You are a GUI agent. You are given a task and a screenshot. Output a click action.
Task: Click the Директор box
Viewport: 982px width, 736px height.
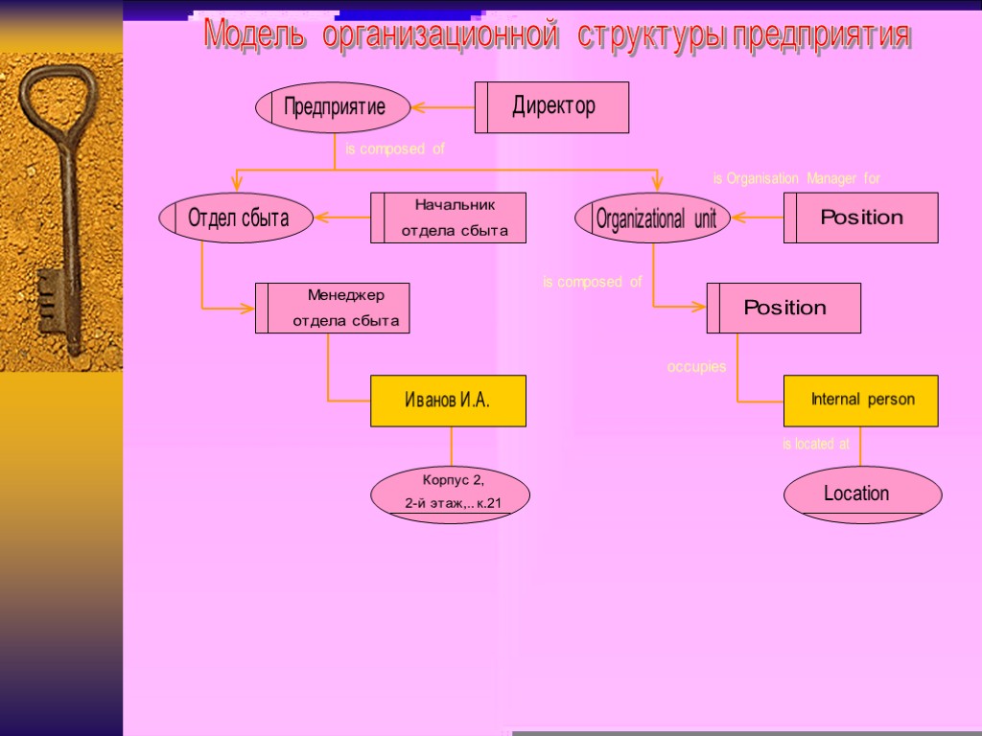[x=552, y=106]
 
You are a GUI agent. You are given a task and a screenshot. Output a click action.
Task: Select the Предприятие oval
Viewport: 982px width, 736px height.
[x=333, y=106]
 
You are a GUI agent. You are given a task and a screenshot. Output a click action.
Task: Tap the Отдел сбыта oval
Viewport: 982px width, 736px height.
[x=238, y=218]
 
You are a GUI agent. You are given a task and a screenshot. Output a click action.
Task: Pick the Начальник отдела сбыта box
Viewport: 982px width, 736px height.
[x=449, y=218]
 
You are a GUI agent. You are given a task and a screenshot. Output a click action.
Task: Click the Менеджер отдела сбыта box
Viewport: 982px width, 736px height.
[x=333, y=308]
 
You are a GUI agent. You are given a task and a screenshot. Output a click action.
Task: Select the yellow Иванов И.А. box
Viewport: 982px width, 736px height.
[x=448, y=401]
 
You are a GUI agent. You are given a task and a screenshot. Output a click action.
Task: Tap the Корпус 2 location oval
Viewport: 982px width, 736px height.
[x=451, y=494]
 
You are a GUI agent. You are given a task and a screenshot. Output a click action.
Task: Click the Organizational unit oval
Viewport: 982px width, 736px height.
[x=653, y=218]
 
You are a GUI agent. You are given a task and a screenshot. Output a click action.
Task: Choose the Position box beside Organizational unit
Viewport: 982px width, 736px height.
[x=861, y=218]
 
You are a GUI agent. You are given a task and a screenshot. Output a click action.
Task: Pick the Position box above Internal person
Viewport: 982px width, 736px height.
[x=783, y=308]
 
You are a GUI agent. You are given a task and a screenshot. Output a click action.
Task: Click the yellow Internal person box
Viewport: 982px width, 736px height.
[x=861, y=401]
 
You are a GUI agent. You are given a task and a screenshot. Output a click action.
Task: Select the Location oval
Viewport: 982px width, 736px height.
[x=862, y=494]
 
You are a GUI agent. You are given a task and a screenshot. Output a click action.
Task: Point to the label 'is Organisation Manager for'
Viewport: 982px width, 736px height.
[x=796, y=178]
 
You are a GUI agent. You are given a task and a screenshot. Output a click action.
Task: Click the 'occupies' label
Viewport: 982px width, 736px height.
[x=696, y=367]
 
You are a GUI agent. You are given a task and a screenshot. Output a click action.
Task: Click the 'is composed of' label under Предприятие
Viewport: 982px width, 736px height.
[x=395, y=149]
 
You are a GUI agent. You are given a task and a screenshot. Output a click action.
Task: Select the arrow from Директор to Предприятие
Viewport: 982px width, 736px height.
[x=443, y=107]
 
